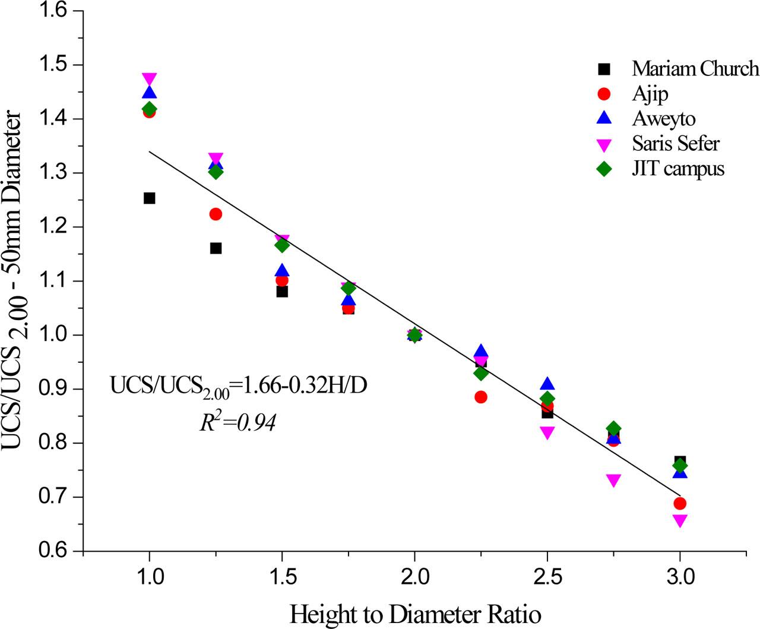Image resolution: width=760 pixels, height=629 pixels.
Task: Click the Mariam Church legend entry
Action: point(695,69)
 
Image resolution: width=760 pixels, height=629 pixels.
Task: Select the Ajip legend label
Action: point(651,94)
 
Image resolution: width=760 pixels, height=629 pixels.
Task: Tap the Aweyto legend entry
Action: point(663,119)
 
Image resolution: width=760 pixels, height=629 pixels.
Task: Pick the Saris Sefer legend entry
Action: point(675,144)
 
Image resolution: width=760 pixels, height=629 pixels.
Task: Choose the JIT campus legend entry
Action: point(678,169)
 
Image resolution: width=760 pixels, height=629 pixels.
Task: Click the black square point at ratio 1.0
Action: point(150,198)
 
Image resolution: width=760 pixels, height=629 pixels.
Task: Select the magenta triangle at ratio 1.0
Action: point(150,79)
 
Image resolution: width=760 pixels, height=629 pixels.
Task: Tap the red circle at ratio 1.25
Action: point(216,214)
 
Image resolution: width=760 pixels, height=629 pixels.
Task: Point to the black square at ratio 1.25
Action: point(216,248)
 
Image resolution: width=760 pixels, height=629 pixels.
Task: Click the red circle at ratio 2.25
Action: point(481,397)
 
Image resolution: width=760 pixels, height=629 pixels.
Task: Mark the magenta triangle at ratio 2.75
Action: point(614,480)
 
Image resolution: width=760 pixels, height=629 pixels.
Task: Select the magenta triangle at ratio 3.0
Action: point(680,520)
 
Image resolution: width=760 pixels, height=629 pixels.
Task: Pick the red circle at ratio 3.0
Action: point(680,504)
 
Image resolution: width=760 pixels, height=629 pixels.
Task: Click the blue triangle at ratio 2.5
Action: point(547,384)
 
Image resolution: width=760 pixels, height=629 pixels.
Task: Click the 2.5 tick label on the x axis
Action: point(547,577)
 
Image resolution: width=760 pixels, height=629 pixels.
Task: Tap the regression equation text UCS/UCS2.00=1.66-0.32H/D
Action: point(239,386)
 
